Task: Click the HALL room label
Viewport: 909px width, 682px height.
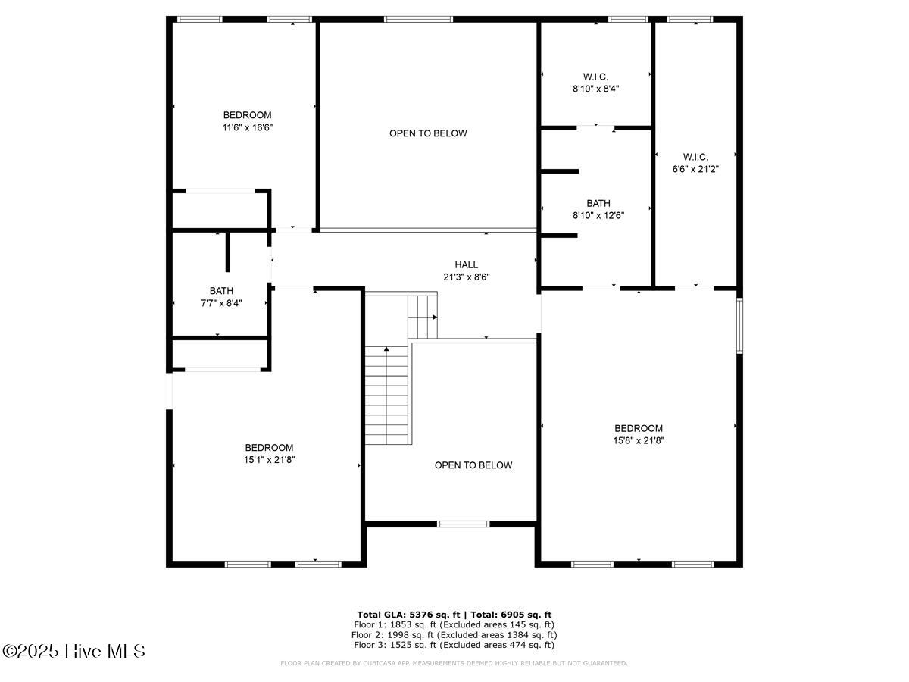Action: pyautogui.click(x=466, y=264)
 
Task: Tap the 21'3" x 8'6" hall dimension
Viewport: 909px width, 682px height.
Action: pyautogui.click(x=466, y=277)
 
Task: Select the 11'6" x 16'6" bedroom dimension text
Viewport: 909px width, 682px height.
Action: pyautogui.click(x=247, y=128)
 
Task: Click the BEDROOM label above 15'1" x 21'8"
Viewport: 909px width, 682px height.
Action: pyautogui.click(x=268, y=448)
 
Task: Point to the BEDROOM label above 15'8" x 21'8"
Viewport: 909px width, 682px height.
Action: pyautogui.click(x=638, y=428)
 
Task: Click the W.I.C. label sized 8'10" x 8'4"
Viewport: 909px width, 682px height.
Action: pyautogui.click(x=595, y=77)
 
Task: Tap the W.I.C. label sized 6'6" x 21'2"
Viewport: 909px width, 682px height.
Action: pyautogui.click(x=695, y=158)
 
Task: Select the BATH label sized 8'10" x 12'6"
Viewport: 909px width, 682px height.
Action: pyautogui.click(x=598, y=203)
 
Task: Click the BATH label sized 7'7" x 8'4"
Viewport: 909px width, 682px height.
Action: pyautogui.click(x=221, y=291)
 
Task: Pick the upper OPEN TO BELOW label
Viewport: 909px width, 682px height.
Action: pyautogui.click(x=428, y=133)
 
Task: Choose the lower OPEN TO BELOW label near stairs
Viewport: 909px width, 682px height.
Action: pyautogui.click(x=473, y=465)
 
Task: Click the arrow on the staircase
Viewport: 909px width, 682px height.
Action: pyautogui.click(x=386, y=350)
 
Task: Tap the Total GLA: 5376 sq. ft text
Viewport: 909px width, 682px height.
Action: pyautogui.click(x=408, y=615)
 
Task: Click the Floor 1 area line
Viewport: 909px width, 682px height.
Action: pyautogui.click(x=454, y=624)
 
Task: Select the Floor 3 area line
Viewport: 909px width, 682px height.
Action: pyautogui.click(x=454, y=645)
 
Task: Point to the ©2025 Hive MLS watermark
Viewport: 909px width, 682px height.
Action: pyautogui.click(x=73, y=651)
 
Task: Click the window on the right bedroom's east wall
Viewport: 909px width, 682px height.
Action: pyautogui.click(x=739, y=325)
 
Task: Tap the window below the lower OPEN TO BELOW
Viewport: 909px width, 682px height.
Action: pyautogui.click(x=464, y=523)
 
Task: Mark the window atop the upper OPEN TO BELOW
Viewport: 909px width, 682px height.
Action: pyautogui.click(x=417, y=19)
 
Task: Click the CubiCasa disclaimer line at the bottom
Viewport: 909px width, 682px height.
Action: pyautogui.click(x=454, y=663)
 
